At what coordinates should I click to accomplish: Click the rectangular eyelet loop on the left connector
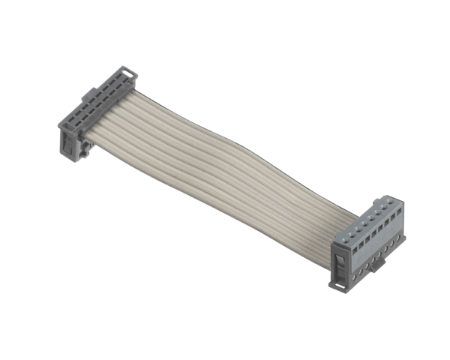pos(130,73)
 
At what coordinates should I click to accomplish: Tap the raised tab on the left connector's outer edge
pos(88,94)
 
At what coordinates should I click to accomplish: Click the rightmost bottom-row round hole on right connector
pos(396,245)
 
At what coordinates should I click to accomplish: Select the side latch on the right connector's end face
pos(337,262)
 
